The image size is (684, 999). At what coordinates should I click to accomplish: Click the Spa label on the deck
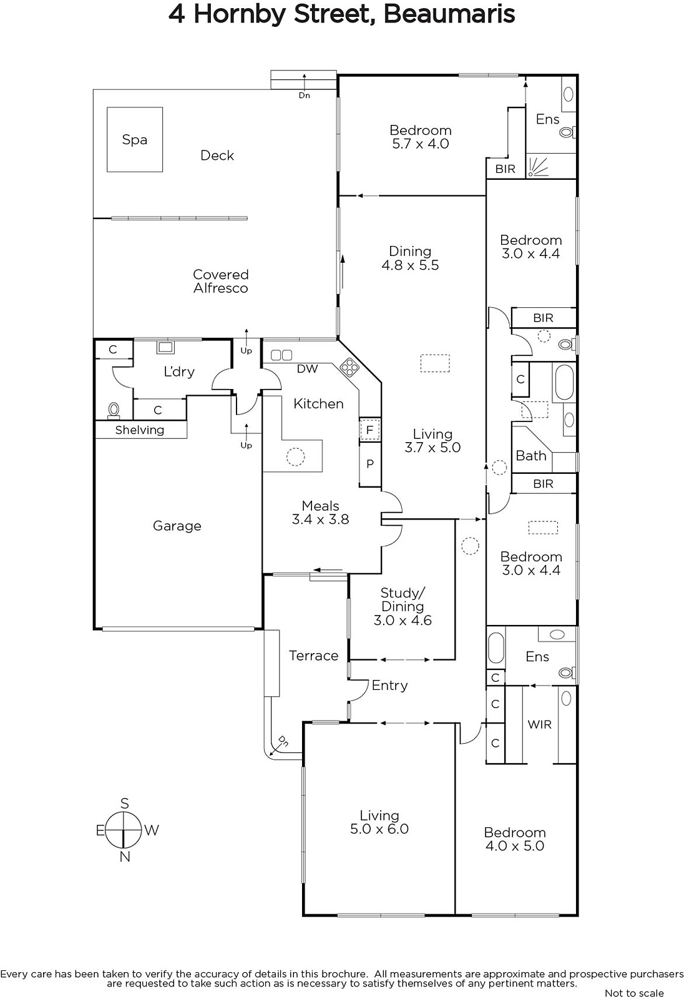coord(134,140)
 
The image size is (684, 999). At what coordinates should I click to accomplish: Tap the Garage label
coord(177,526)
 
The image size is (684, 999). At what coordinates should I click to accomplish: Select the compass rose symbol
coord(125,830)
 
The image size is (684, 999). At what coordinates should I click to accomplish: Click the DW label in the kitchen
coord(307,368)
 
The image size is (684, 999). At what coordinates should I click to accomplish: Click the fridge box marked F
coord(369,430)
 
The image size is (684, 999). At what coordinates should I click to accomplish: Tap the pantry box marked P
coord(369,464)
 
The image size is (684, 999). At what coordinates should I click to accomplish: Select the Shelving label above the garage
coord(140,430)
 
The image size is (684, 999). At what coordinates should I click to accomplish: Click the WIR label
coord(540,725)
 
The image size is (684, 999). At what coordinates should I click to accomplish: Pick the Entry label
coord(389,686)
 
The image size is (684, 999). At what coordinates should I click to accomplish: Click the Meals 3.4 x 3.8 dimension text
coord(321,519)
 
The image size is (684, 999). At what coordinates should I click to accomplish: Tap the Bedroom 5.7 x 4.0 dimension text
coord(421,144)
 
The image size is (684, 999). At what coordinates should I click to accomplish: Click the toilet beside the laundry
coord(114,410)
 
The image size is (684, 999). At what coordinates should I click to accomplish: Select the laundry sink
coord(165,347)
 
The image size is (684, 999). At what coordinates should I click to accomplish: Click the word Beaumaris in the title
coord(449,14)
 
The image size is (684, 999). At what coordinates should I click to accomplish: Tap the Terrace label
coord(313,656)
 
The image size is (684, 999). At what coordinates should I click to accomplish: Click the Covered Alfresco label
coord(221,281)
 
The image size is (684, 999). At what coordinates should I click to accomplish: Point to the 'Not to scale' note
coord(634,993)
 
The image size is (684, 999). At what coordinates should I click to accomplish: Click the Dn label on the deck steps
coord(304,96)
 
